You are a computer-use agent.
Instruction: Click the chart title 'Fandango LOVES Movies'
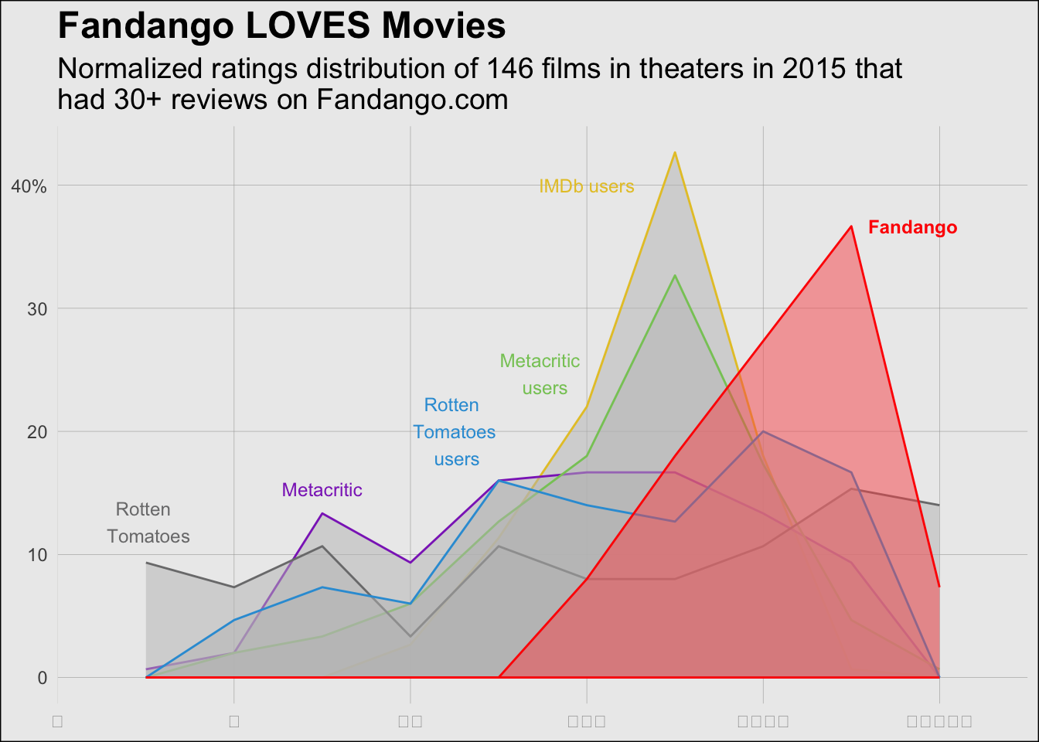(281, 26)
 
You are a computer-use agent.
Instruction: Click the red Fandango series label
(912, 227)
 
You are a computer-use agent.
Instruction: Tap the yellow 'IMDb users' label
(586, 186)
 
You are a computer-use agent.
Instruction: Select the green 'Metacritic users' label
(540, 374)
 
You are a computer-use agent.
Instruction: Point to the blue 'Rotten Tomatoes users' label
(455, 432)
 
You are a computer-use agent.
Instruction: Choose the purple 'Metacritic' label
(322, 490)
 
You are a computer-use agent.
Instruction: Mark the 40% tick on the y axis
(29, 186)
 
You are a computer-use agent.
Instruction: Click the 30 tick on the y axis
(37, 309)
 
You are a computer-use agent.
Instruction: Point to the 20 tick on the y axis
(37, 432)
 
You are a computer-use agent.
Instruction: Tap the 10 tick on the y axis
(37, 555)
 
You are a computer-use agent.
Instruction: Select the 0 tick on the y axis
(42, 678)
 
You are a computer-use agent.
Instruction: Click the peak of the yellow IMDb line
(675, 152)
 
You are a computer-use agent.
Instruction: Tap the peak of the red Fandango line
(851, 226)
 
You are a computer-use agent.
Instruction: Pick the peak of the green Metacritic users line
(675, 275)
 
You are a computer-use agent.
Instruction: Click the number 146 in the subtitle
(509, 69)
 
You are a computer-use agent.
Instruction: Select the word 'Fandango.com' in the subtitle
(412, 100)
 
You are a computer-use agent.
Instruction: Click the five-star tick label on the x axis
(939, 721)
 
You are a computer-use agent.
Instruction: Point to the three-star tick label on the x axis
(587, 721)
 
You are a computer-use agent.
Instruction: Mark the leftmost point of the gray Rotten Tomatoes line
(146, 563)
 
